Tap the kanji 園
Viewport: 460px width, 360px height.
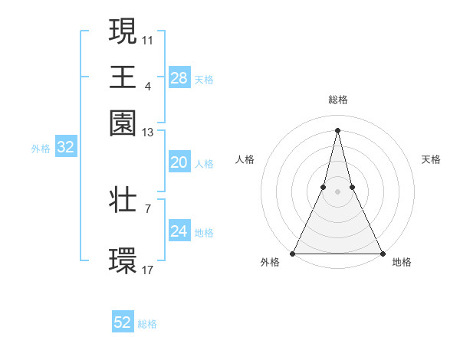pos(123,122)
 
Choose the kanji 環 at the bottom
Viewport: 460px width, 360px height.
pos(123,259)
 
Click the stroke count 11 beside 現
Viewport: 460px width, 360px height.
pos(148,38)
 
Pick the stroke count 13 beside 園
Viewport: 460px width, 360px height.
pos(148,133)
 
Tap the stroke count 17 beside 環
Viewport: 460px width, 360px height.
pos(148,270)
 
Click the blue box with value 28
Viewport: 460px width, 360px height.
pos(179,78)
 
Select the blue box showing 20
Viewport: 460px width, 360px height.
pos(179,162)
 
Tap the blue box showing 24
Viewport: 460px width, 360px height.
pos(179,231)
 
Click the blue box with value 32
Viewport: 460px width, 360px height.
pos(65,148)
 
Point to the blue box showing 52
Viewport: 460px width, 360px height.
pos(123,322)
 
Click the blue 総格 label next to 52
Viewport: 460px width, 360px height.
pos(147,324)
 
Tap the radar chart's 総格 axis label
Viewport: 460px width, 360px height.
pos(337,100)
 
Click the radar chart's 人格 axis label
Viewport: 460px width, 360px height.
pos(245,159)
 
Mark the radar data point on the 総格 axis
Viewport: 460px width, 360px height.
pos(337,129)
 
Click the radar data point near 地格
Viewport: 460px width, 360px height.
pos(382,254)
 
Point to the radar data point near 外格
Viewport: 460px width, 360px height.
pos(293,254)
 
